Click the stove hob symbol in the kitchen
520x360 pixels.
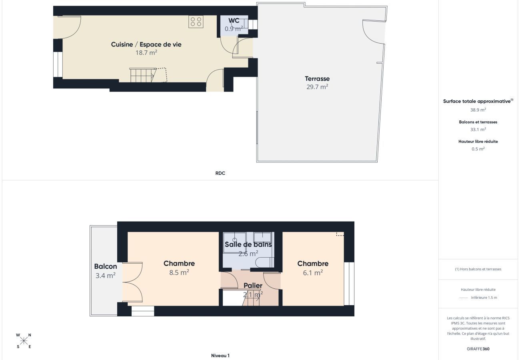click(x=196, y=22)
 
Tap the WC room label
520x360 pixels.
click(x=234, y=21)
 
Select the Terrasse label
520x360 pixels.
click(x=317, y=79)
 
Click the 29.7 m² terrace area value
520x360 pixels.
click(x=317, y=87)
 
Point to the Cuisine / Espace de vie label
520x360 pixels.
click(x=146, y=44)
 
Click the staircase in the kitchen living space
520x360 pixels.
click(x=142, y=75)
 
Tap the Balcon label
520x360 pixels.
click(x=106, y=266)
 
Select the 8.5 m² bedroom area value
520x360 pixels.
click(x=179, y=272)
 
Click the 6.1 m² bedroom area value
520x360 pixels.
click(x=313, y=273)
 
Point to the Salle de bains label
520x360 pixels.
click(x=248, y=244)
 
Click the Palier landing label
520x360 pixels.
click(x=253, y=286)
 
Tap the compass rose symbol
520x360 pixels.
click(x=24, y=341)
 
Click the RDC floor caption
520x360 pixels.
click(x=220, y=173)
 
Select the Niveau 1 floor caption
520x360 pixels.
click(x=220, y=356)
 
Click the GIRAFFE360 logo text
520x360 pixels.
click(x=478, y=349)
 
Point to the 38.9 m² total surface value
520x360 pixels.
click(x=478, y=110)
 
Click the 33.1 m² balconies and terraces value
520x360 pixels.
click(x=478, y=130)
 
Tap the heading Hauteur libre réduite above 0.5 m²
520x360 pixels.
click(x=478, y=142)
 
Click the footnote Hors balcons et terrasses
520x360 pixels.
click(x=478, y=269)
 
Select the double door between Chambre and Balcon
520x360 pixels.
click(x=133, y=282)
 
